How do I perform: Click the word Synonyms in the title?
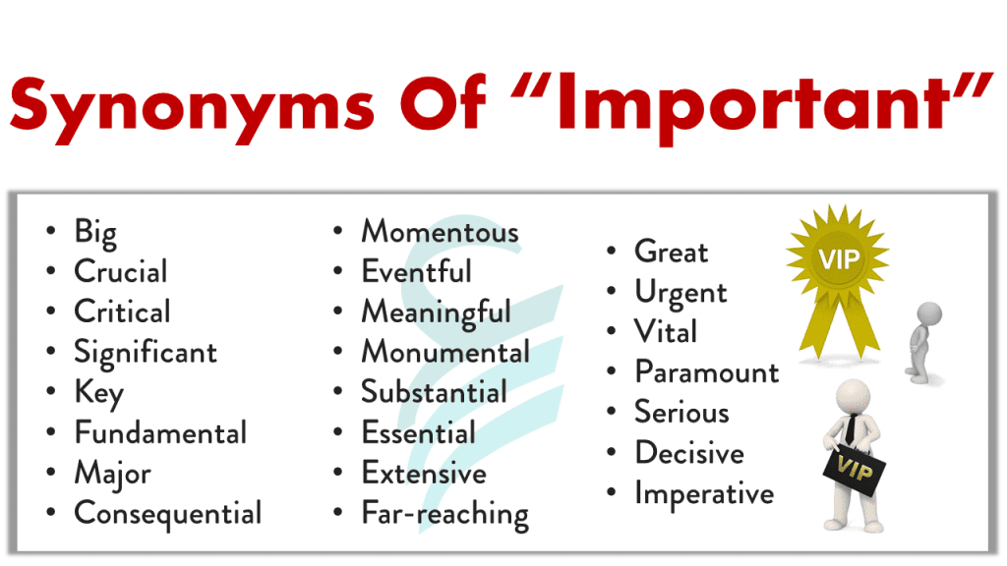click(x=192, y=106)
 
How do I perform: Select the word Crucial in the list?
click(x=121, y=271)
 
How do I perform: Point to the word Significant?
click(x=146, y=353)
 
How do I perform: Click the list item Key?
click(x=99, y=393)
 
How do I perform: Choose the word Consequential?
click(x=168, y=514)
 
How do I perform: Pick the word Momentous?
click(x=440, y=232)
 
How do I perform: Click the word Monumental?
click(x=445, y=353)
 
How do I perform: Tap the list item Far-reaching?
click(x=445, y=514)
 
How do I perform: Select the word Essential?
click(x=419, y=432)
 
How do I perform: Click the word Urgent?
click(x=681, y=293)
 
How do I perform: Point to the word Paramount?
click(x=707, y=372)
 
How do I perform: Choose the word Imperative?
click(x=704, y=494)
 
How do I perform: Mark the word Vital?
click(x=666, y=332)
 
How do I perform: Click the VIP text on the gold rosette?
click(x=839, y=259)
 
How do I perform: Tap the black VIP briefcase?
click(x=855, y=471)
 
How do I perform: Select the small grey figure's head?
click(x=928, y=314)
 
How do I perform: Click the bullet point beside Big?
click(x=51, y=231)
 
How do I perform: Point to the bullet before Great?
click(x=612, y=251)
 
